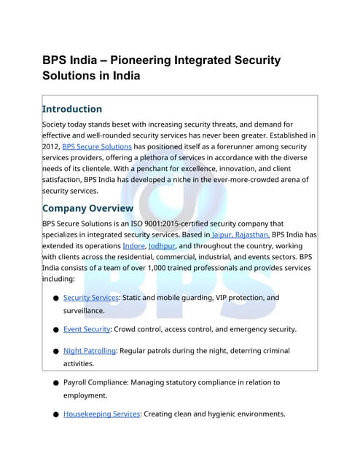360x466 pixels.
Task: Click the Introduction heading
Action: pos(72,109)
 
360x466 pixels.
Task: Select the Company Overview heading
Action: pos(88,208)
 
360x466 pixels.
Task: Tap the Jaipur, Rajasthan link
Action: pos(240,234)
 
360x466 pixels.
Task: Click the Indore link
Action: pos(133,246)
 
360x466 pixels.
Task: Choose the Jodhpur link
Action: pos(166,246)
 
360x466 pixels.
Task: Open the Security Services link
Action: pos(90,298)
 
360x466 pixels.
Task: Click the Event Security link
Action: pos(87,329)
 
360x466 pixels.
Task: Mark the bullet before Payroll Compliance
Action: pos(56,383)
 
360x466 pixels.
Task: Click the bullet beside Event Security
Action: pos(56,330)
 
